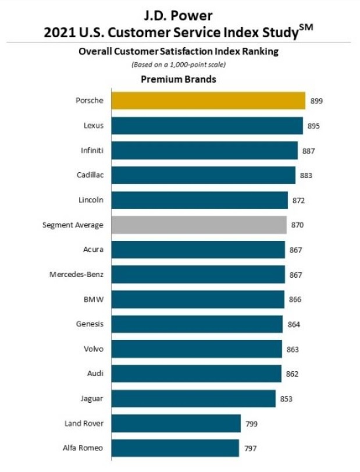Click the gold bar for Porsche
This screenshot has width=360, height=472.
click(208, 101)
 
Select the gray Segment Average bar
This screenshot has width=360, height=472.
click(199, 225)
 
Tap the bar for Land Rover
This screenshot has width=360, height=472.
click(176, 423)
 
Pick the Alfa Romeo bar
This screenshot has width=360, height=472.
click(175, 448)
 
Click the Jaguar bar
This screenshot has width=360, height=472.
click(193, 399)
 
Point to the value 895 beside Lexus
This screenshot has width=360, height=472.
click(314, 126)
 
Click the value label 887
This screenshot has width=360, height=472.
click(309, 151)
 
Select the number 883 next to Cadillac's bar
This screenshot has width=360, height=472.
click(306, 175)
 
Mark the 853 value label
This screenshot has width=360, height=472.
click(286, 399)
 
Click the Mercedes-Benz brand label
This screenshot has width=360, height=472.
click(76, 274)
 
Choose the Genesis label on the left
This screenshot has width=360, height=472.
click(90, 324)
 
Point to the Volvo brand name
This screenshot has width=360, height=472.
click(94, 349)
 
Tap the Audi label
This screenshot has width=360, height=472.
click(95, 374)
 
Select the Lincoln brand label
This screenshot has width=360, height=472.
click(91, 200)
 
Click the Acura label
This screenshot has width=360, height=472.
click(93, 249)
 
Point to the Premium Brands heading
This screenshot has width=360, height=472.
click(179, 79)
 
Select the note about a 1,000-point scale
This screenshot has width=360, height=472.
click(179, 64)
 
